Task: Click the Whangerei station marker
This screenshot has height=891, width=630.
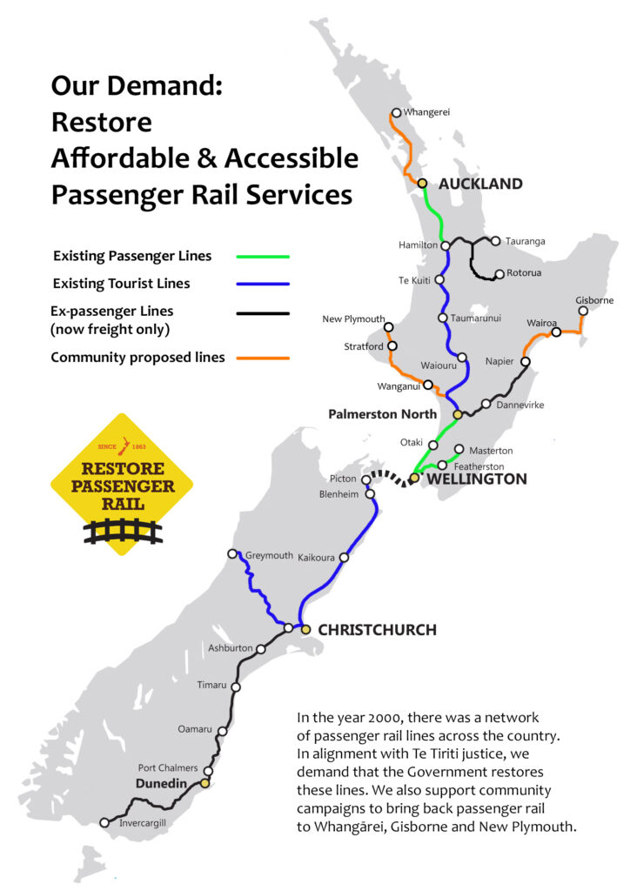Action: [396, 112]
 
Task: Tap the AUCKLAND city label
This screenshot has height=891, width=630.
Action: [480, 184]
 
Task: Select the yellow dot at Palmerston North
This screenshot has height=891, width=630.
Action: [457, 415]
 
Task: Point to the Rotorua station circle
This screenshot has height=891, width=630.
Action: [499, 274]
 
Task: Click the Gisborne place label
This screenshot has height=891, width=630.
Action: [594, 300]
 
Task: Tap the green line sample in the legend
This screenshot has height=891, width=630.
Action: [262, 257]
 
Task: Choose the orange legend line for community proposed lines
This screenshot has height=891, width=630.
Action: [262, 358]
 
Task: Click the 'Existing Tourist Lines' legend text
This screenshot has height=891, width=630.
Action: [121, 283]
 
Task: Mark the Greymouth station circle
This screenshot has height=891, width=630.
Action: [231, 553]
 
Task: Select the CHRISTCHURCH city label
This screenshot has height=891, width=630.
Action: [377, 629]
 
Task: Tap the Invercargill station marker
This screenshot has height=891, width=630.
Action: [104, 822]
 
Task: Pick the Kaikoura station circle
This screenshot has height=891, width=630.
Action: [344, 557]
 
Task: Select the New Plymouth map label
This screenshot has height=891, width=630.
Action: [353, 318]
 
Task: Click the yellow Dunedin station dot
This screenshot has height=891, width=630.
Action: [205, 784]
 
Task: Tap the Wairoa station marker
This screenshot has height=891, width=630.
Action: [556, 332]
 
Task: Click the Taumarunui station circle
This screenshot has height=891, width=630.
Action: [443, 318]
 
